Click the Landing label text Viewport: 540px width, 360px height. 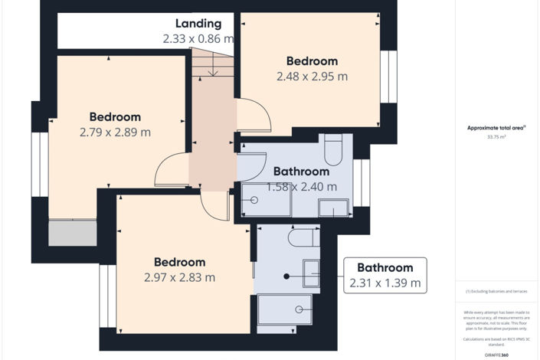coord(198,24)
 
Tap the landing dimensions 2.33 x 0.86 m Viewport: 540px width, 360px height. coord(198,38)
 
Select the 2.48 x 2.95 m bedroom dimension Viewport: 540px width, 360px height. coord(312,76)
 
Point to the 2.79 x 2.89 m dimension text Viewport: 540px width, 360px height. coord(115,132)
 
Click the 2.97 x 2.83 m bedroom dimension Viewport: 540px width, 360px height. coord(179,277)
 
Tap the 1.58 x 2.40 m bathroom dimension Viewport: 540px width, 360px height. coord(301,186)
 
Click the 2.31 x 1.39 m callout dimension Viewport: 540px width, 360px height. coord(385,283)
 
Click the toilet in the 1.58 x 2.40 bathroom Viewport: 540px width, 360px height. coord(333,150)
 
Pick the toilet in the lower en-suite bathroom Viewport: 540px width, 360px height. coord(303,238)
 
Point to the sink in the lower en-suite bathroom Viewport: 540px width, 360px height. coord(311,273)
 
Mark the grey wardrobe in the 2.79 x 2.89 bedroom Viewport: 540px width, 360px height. coord(73,233)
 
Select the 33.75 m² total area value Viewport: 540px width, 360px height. coord(496,137)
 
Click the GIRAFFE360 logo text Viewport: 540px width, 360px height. coord(496,355)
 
